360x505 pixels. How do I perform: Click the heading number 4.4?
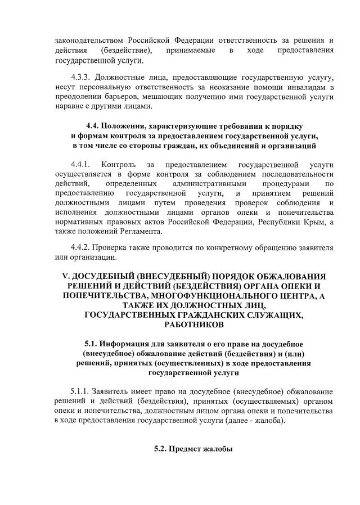coord(93,126)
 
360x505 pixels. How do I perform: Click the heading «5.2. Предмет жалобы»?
coord(194,449)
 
